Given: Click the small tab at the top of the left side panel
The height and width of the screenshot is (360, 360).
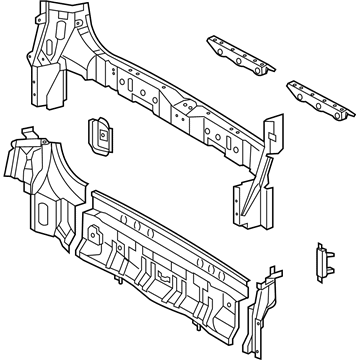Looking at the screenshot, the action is click(x=28, y=132).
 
